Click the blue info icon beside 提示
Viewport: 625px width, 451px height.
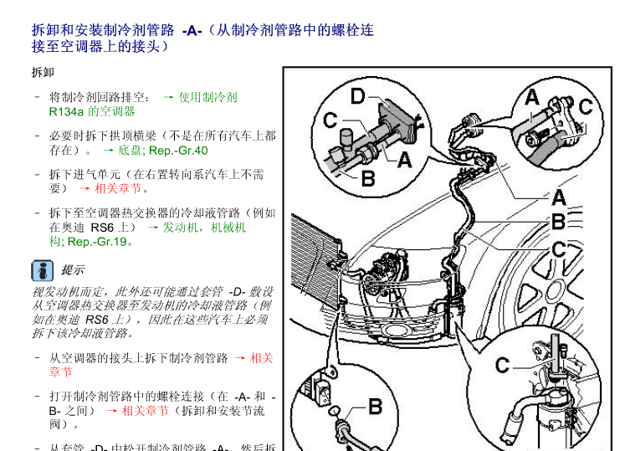coord(42,271)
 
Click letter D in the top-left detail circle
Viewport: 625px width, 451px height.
coord(357,96)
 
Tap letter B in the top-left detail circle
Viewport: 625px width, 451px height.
coord(368,178)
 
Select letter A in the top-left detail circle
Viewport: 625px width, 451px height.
coord(405,160)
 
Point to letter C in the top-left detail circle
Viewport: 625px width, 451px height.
coord(330,120)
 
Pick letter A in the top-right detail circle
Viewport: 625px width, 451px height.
coord(532,98)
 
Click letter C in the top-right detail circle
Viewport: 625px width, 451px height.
coord(586,107)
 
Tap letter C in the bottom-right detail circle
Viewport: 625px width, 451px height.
coord(502,366)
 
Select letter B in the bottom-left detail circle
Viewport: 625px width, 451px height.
coord(375,407)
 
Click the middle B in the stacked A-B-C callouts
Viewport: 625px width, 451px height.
coord(558,222)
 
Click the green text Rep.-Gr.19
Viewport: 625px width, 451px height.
coord(97,242)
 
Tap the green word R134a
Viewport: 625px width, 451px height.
coord(66,111)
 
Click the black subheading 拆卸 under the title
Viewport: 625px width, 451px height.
coord(43,73)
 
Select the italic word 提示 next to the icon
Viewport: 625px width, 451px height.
coord(73,270)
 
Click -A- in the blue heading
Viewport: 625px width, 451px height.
coord(192,31)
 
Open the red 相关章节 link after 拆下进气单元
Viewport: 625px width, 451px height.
coord(118,188)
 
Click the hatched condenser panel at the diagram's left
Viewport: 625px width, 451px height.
coord(315,262)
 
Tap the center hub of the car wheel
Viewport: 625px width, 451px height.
coord(555,291)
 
